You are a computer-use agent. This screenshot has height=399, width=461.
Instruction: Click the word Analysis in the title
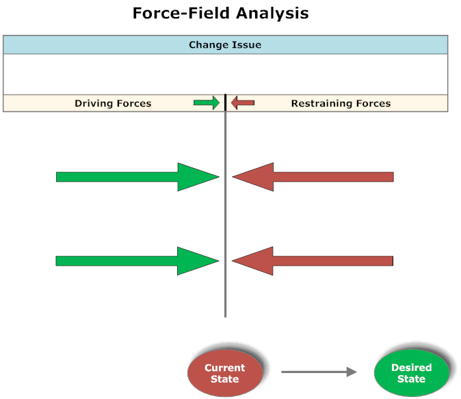click(272, 14)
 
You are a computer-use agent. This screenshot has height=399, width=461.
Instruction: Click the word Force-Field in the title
click(181, 13)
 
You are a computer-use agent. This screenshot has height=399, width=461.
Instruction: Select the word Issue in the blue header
click(247, 44)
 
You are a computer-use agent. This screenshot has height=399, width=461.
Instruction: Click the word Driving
click(94, 104)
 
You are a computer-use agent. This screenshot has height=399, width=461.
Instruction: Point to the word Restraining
click(322, 104)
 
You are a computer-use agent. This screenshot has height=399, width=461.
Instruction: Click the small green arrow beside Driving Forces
click(207, 102)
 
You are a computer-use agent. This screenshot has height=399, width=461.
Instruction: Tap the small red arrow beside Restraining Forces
click(243, 102)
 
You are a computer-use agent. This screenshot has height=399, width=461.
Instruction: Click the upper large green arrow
click(137, 177)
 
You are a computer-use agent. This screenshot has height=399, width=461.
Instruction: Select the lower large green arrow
click(137, 261)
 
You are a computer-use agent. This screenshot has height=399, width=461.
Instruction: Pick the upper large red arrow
click(313, 177)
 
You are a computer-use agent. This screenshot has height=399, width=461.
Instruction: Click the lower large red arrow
click(313, 261)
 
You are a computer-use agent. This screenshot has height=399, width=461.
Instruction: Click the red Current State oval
click(225, 373)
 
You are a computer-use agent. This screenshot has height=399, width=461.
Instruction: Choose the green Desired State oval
click(412, 373)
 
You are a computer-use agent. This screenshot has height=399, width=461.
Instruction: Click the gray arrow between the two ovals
click(319, 372)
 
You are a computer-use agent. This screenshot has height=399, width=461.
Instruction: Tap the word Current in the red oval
click(225, 368)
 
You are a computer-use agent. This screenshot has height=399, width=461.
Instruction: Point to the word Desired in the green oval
click(412, 368)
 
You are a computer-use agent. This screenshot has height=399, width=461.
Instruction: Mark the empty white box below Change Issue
click(226, 74)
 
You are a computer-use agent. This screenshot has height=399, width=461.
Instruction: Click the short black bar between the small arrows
click(226, 102)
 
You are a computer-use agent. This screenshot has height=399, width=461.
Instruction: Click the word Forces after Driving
click(134, 104)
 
